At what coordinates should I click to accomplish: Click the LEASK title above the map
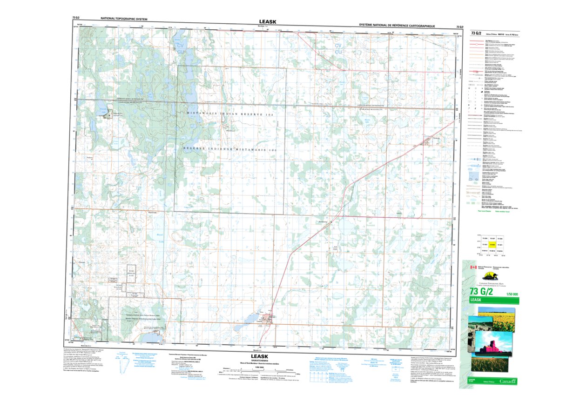(267, 21)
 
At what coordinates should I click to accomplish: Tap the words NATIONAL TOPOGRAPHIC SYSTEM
(124, 19)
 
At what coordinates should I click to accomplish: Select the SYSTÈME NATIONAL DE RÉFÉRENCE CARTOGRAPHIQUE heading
(397, 26)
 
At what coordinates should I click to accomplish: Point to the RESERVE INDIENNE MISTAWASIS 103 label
(230, 149)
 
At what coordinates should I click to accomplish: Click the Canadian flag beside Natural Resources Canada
(473, 268)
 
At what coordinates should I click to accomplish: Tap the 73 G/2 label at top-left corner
(77, 18)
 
